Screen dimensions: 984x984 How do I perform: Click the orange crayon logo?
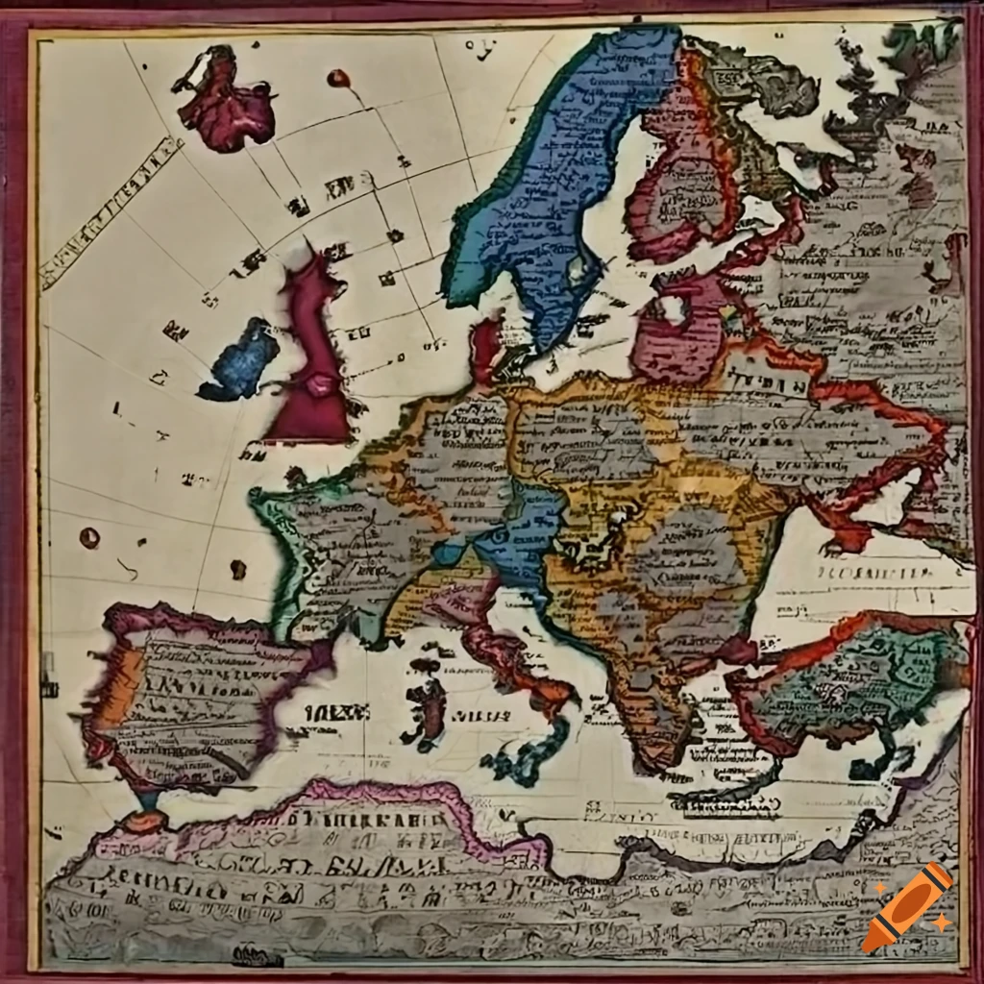coord(907,907)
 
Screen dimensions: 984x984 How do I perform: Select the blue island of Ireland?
coord(240,360)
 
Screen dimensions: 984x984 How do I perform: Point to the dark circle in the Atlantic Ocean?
coord(88,537)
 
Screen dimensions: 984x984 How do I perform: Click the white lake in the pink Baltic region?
coord(672,309)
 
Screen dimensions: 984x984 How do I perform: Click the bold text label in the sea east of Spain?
coord(336,712)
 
